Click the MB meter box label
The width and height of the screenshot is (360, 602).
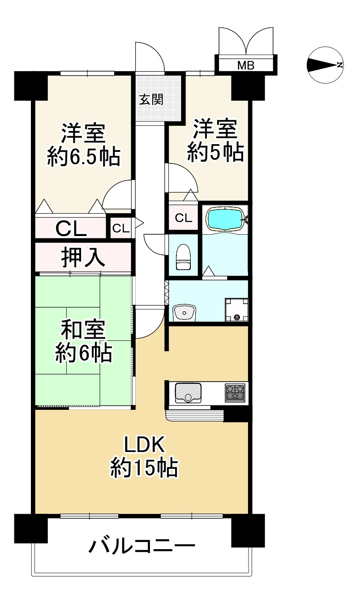tap(245, 65)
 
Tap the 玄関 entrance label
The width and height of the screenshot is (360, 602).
tap(150, 100)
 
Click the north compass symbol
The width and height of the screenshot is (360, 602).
tap(325, 65)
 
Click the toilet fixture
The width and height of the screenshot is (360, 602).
tap(184, 258)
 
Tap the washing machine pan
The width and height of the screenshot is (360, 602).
tap(236, 310)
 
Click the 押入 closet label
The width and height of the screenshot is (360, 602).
tap(83, 258)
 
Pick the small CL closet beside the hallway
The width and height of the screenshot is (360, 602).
tap(120, 228)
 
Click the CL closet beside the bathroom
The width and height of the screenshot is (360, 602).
tap(183, 218)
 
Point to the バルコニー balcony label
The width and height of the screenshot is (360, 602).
tap(142, 547)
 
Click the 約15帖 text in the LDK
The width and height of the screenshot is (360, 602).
tap(144, 469)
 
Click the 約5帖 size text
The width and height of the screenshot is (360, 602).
tap(215, 152)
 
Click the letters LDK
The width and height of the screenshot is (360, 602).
tap(145, 445)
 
